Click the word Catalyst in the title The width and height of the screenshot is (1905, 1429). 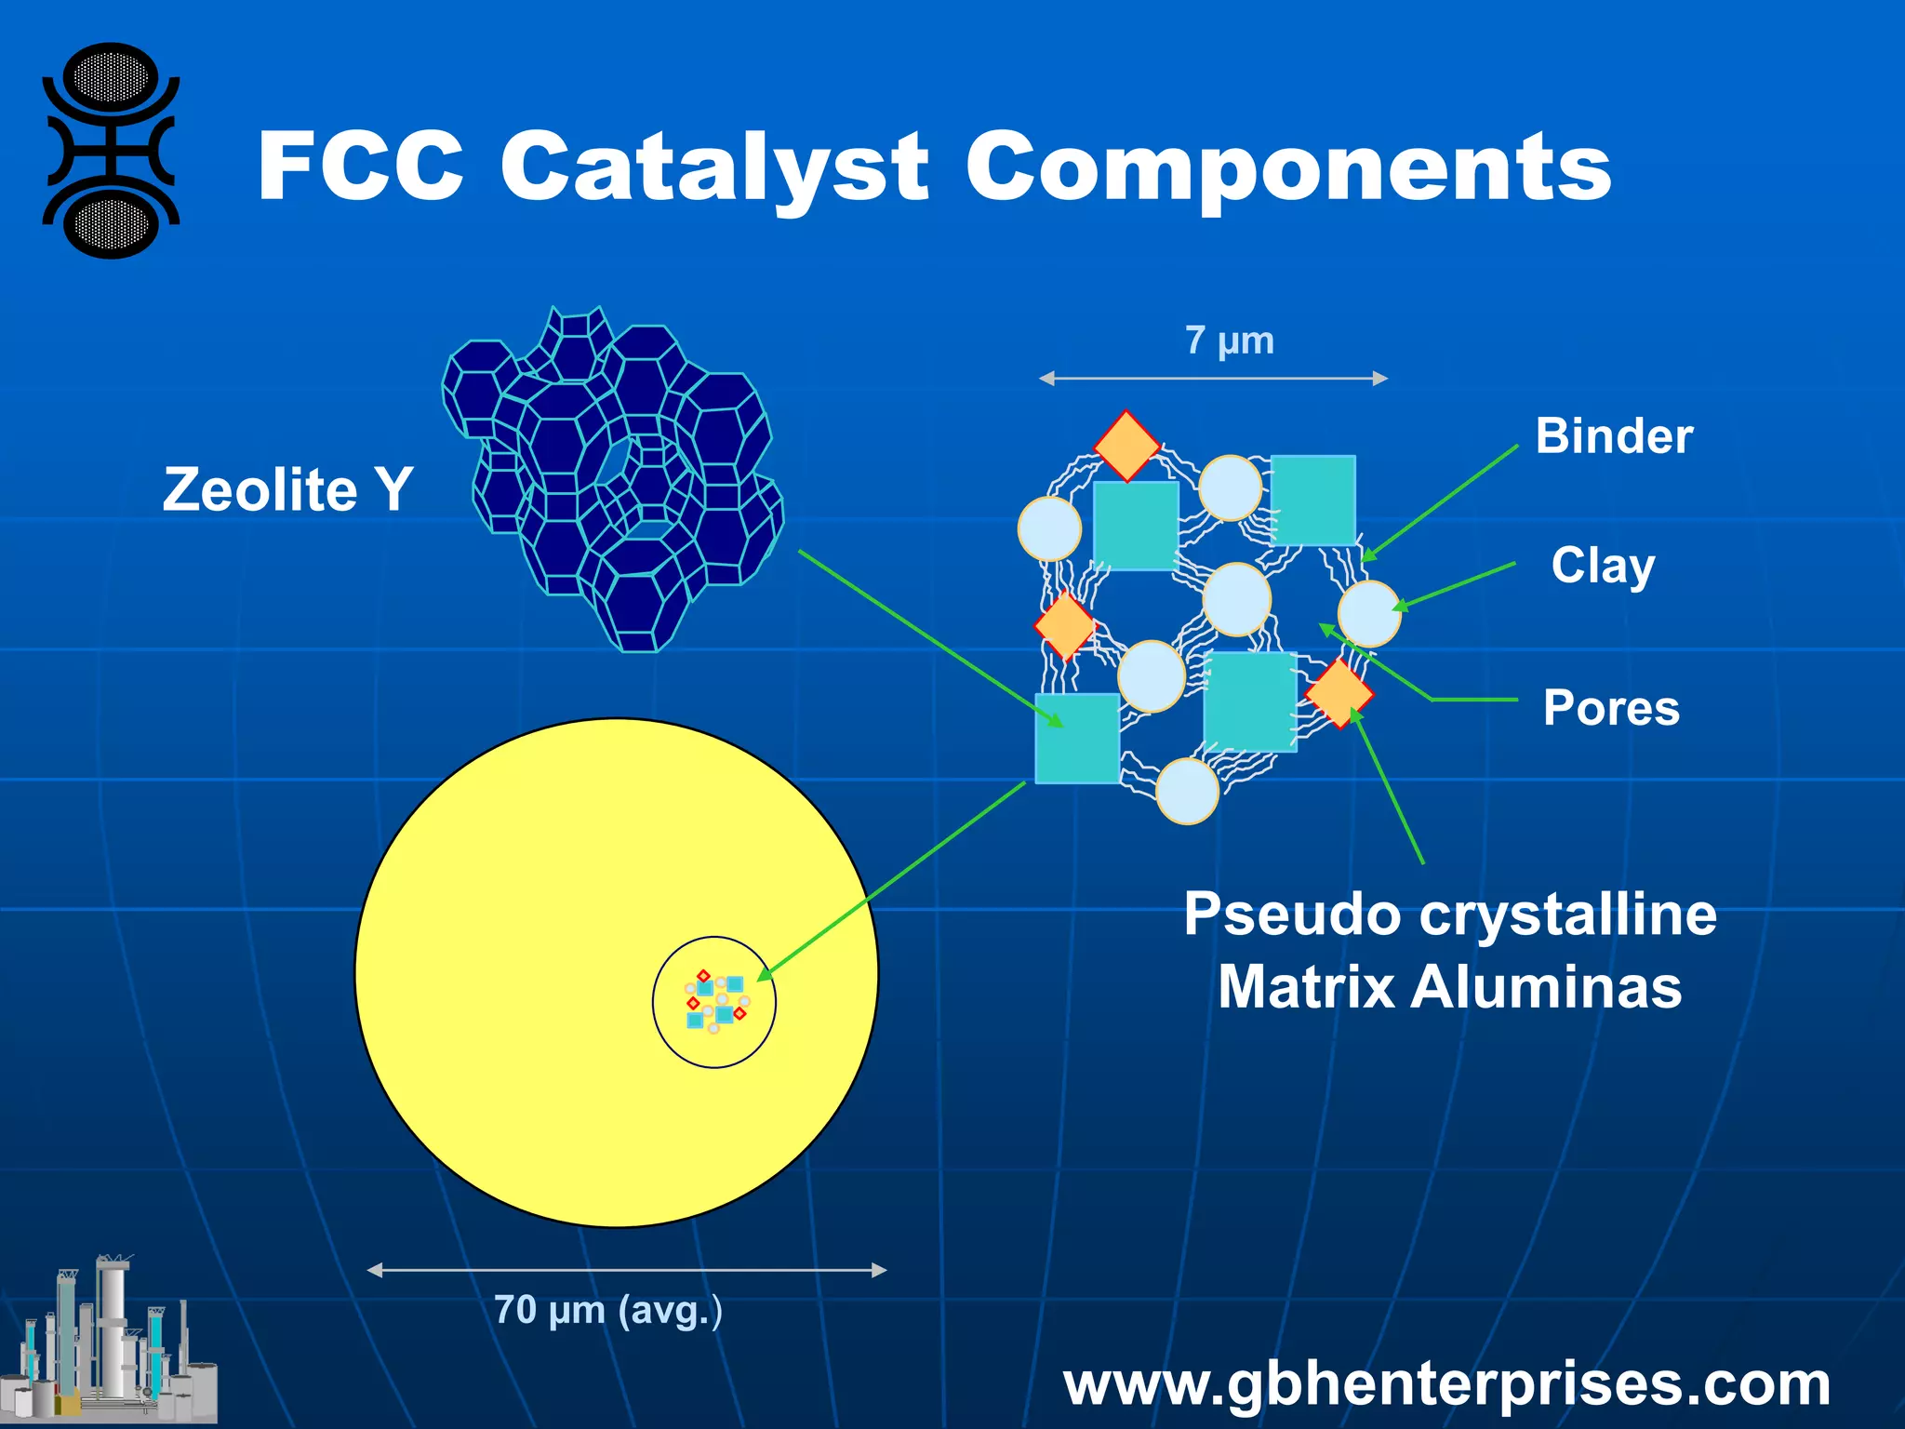point(714,167)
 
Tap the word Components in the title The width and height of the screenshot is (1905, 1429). point(1288,167)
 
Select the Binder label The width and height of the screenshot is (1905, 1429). point(1614,435)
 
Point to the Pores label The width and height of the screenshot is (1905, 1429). point(1611,708)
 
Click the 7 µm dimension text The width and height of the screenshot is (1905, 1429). point(1229,341)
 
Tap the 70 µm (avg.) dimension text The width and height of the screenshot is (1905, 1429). point(607,1310)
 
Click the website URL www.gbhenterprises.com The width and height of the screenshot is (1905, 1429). point(1446,1384)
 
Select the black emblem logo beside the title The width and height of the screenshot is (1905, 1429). point(111,151)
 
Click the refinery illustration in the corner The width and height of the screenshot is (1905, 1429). point(110,1344)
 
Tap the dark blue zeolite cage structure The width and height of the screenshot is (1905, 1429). point(614,479)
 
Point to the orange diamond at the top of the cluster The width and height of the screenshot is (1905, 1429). point(1126,447)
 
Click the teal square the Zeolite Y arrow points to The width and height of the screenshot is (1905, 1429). point(1077,739)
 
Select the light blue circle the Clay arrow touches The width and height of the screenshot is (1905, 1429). point(1369,614)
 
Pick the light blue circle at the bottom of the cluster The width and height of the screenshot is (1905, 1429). point(1187,792)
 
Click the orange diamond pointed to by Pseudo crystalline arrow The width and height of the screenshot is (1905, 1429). point(1339,693)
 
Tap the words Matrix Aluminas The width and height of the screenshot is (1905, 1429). point(1449,987)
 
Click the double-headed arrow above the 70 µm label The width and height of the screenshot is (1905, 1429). point(626,1270)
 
